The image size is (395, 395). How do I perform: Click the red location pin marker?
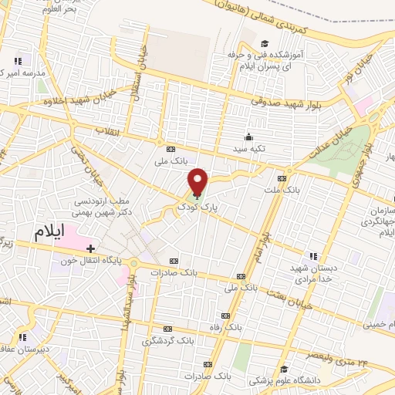[198, 181]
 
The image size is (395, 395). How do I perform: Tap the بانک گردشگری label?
[168, 339]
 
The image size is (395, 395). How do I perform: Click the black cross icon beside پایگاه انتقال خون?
[91, 248]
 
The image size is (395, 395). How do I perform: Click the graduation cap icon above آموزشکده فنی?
[265, 43]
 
